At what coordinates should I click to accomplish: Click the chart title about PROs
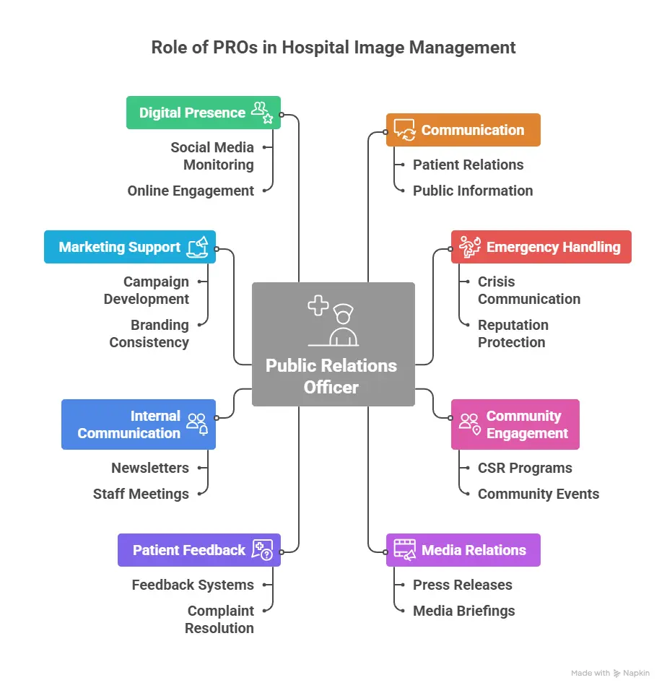pyautogui.click(x=333, y=48)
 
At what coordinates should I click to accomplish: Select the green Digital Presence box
pyautogui.click(x=203, y=113)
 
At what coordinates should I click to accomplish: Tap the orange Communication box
pyautogui.click(x=463, y=130)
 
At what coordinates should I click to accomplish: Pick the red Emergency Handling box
pyautogui.click(x=541, y=247)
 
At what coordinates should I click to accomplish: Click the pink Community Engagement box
pyautogui.click(x=515, y=424)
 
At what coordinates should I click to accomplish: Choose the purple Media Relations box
pyautogui.click(x=463, y=550)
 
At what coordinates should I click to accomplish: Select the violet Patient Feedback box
pyautogui.click(x=199, y=550)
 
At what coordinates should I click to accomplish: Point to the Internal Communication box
pyautogui.click(x=138, y=424)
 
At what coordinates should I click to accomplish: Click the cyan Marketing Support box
pyautogui.click(x=129, y=247)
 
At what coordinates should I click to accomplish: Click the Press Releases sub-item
pyautogui.click(x=462, y=585)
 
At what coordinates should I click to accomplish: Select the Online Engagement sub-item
pyautogui.click(x=191, y=191)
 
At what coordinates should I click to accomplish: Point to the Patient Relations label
pyautogui.click(x=468, y=165)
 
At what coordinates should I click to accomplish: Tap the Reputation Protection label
pyautogui.click(x=513, y=334)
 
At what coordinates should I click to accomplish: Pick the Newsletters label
pyautogui.click(x=150, y=468)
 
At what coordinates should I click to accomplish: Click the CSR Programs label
pyautogui.click(x=525, y=468)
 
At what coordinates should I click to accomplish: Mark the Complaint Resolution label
pyautogui.click(x=220, y=619)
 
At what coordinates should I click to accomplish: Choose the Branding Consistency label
pyautogui.click(x=149, y=334)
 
